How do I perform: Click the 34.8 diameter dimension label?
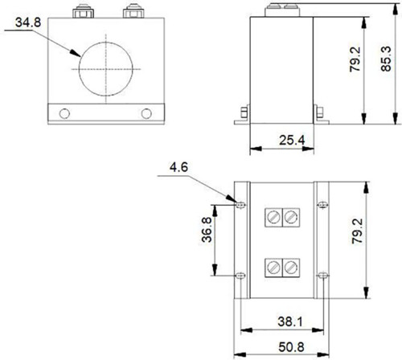28,22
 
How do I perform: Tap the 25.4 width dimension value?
292,140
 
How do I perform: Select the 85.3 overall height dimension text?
386,59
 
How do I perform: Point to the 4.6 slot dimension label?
178,167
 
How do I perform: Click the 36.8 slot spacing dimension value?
207,230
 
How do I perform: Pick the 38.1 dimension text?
290,321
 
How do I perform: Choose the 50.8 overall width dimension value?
291,347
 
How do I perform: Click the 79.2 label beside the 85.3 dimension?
355,59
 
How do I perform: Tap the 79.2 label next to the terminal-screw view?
357,231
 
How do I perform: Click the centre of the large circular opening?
106,69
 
